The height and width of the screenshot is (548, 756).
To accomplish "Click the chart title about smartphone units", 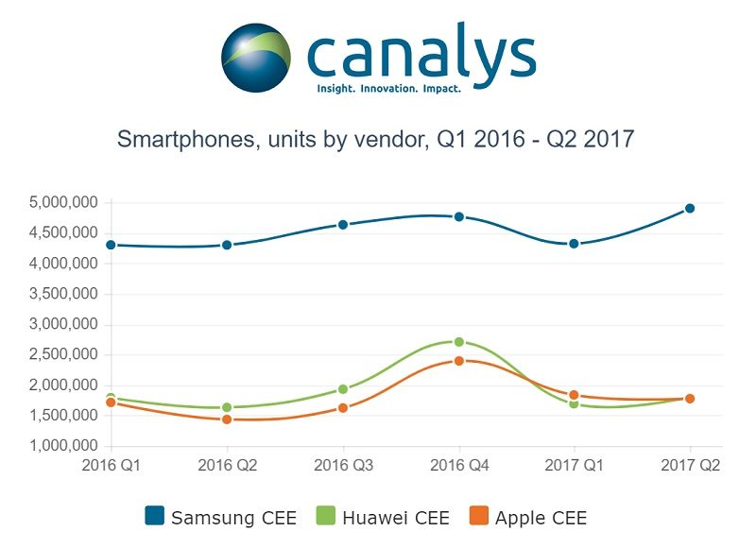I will (375, 140).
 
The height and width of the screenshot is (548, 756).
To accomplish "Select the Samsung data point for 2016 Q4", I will (459, 216).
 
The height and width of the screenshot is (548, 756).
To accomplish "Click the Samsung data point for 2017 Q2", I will (690, 208).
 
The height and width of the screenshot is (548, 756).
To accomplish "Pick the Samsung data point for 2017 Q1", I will (575, 244).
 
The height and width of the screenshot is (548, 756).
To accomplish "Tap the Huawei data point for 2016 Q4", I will (459, 342).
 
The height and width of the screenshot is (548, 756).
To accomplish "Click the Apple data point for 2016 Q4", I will (459, 361).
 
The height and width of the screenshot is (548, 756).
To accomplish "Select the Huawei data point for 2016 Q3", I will (343, 389).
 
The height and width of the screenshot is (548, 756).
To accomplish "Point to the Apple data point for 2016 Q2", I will (227, 420).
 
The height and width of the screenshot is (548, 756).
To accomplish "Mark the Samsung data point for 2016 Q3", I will (343, 225).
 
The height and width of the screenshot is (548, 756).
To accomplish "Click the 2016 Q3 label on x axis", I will (343, 466).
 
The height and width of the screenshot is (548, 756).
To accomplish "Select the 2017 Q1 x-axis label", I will (575, 466).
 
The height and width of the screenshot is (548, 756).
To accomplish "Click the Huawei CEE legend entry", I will (382, 517).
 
